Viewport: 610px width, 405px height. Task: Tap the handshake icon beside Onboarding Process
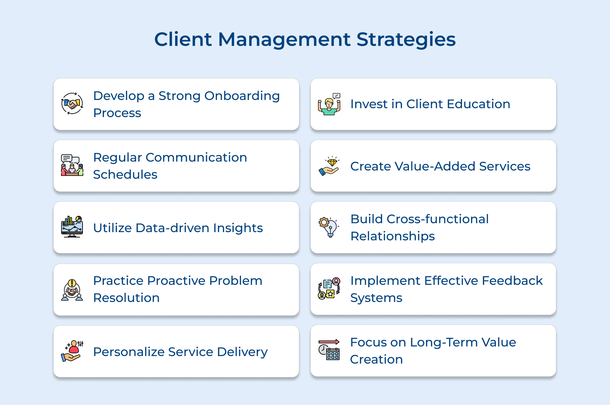tap(72, 103)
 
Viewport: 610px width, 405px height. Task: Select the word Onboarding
tap(242, 96)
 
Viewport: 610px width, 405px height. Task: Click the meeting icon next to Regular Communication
tap(72, 165)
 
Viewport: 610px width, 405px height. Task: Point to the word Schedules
tap(125, 175)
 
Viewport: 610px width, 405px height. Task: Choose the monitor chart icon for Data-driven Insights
tap(72, 227)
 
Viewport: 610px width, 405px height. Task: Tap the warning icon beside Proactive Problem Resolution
tap(72, 290)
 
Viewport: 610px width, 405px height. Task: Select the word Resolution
tap(126, 298)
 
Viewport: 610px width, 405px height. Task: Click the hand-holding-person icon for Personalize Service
tap(72, 351)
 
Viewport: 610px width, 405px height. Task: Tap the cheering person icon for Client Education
tap(329, 104)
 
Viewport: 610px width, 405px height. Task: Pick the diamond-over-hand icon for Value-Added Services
tap(329, 166)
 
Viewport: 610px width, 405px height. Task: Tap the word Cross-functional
tap(438, 219)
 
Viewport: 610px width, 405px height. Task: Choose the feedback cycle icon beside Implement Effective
tap(329, 288)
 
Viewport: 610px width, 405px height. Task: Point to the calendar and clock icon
tap(329, 350)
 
